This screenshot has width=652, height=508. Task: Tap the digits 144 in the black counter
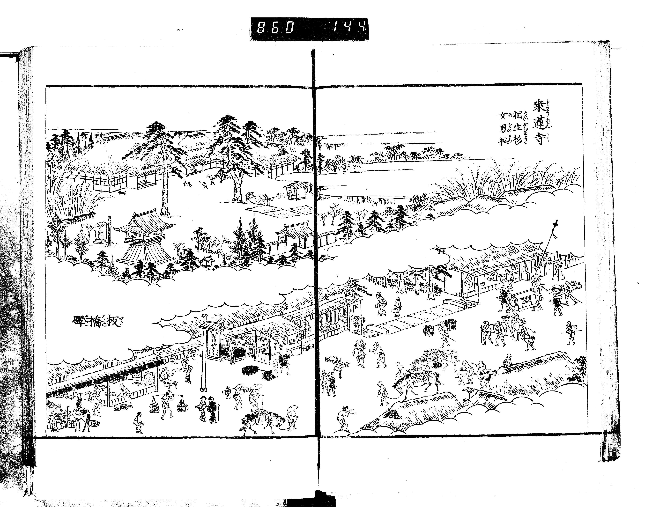click(349, 29)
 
